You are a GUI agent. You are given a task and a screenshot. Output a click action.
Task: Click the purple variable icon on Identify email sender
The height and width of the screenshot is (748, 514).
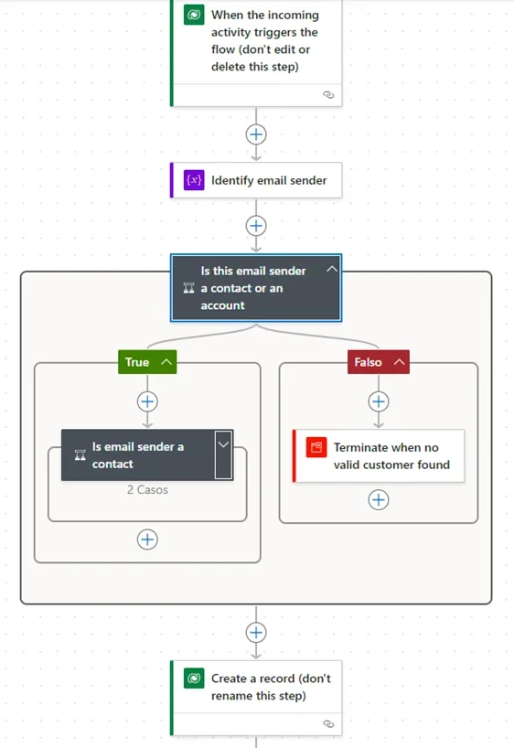click(194, 180)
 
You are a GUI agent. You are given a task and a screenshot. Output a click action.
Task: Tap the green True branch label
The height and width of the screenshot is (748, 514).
click(147, 362)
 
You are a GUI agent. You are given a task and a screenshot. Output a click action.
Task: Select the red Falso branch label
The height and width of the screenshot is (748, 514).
click(379, 362)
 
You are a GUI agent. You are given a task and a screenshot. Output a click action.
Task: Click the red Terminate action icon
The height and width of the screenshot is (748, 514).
click(316, 447)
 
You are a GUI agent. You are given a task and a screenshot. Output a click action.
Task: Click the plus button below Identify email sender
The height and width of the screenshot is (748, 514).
click(256, 226)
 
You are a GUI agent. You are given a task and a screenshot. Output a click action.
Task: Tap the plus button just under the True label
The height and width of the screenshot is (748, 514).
click(147, 401)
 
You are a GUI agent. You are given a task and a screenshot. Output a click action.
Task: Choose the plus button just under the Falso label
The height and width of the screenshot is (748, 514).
click(379, 401)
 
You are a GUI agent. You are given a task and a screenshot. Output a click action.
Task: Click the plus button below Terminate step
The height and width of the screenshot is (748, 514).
click(379, 500)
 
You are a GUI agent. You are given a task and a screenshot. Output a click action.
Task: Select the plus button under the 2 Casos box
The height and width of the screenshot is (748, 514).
click(147, 540)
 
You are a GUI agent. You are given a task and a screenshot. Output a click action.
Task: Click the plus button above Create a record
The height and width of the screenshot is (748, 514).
click(256, 633)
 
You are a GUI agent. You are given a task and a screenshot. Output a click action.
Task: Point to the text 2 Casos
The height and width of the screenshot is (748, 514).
click(147, 490)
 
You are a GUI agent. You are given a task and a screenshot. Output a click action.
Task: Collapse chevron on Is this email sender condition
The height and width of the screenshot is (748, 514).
click(332, 270)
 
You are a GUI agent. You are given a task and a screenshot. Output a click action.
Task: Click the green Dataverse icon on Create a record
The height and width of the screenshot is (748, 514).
click(194, 679)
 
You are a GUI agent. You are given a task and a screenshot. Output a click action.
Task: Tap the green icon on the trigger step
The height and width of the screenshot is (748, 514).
click(194, 15)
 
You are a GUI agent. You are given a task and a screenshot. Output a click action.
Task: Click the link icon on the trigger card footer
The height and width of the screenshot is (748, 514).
click(328, 95)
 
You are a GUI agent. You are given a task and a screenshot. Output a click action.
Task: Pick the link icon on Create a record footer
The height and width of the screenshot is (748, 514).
click(328, 724)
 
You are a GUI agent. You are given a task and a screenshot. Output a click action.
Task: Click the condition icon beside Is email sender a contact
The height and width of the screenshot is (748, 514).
click(80, 455)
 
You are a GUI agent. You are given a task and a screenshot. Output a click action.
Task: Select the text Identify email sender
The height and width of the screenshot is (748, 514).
click(269, 180)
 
